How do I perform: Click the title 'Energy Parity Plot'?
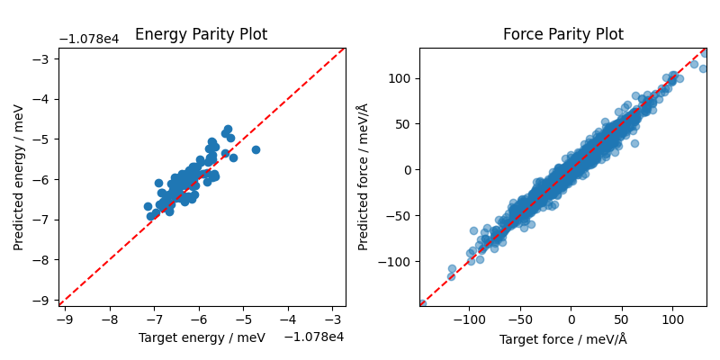pos(201,35)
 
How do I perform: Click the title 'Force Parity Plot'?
pos(562,35)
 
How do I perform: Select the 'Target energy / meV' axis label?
pos(202,337)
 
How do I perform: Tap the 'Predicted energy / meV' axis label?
pos(19,177)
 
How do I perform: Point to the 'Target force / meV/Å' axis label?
pos(562,339)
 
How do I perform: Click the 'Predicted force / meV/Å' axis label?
pos(364,177)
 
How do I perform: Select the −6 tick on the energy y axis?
pos(43,179)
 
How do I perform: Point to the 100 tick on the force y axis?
pos(400,78)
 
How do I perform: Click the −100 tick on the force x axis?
pos(469,319)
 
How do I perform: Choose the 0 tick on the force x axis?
pos(571,319)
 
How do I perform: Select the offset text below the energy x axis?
pos(314,337)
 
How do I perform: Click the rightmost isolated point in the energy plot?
pos(256,149)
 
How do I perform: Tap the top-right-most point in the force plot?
pos(704,53)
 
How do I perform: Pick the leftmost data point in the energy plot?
pos(148,206)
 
